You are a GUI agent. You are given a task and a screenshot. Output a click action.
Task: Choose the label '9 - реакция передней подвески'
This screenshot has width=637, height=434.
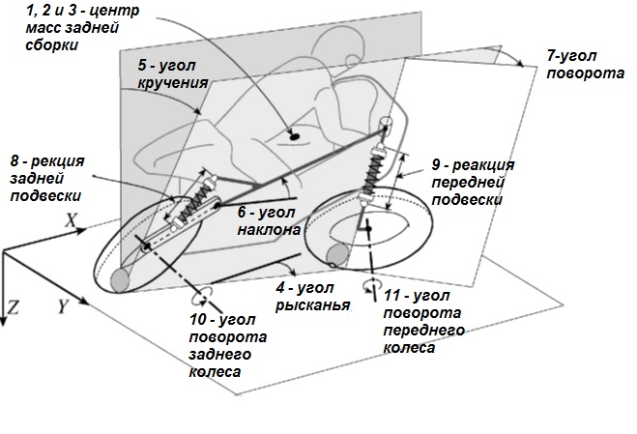pyautogui.click(x=467, y=182)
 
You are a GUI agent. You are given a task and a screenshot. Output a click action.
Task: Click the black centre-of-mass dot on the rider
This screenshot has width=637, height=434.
pyautogui.click(x=292, y=138)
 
